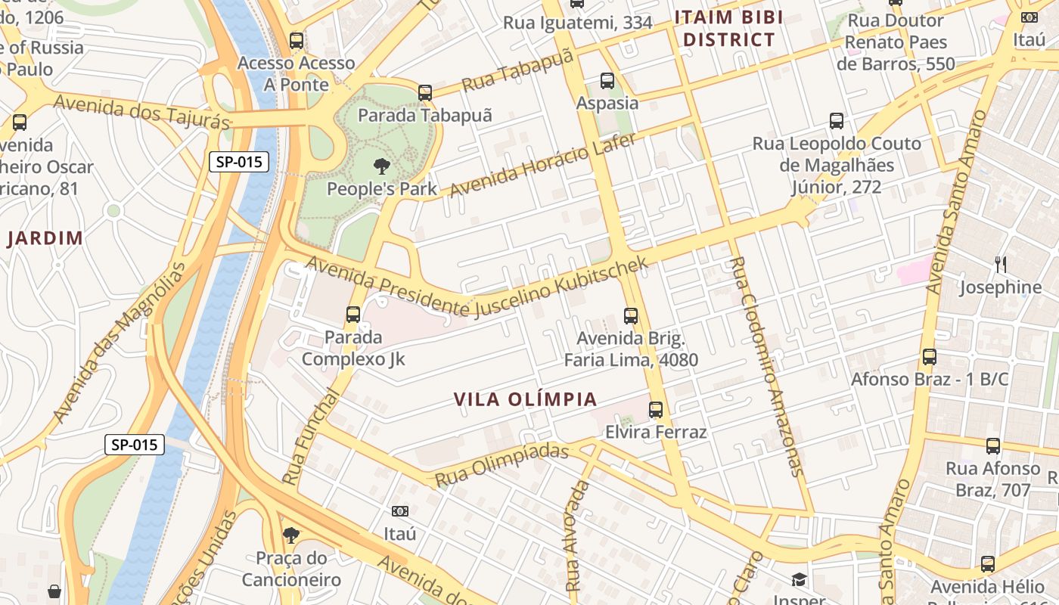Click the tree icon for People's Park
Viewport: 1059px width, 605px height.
381,166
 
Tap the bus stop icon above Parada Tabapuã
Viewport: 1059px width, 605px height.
425,93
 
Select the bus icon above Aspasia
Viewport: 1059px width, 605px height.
607,80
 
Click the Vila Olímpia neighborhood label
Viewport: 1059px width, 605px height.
526,399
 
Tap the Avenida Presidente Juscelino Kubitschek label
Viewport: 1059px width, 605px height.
477,288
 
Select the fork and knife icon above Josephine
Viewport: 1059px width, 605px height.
1001,264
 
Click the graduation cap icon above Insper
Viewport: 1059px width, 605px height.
800,580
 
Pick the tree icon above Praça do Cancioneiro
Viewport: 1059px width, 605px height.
290,535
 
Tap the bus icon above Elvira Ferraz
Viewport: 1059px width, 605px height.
656,409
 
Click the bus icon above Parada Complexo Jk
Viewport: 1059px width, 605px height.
353,314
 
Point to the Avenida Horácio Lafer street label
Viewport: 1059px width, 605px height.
543,164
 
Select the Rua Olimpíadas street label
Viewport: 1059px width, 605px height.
502,465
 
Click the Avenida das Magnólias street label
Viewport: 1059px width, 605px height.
120,343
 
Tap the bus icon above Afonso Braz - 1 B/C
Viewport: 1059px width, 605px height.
930,356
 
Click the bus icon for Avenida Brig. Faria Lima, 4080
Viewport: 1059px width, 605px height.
631,315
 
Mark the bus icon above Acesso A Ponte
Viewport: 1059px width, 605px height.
297,40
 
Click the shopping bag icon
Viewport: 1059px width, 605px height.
54,591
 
